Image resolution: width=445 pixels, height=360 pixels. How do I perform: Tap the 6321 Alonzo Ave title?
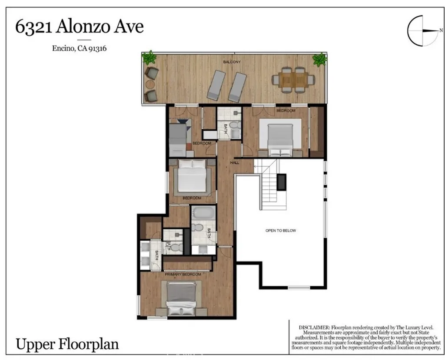coord(80,27)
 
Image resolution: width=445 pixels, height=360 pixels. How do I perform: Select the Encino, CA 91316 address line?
coord(80,48)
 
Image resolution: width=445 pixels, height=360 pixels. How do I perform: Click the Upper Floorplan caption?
coord(67,344)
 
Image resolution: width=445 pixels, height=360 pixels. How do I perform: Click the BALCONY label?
coord(232,62)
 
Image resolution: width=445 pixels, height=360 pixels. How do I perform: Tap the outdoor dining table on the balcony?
coord(293,79)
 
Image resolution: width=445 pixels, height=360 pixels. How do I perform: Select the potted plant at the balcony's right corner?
coord(319,59)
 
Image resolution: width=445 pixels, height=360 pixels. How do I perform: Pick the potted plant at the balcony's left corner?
coord(149,57)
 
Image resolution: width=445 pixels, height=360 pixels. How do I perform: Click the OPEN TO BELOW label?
coord(280,231)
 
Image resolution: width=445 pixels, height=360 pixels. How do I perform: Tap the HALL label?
coord(235,162)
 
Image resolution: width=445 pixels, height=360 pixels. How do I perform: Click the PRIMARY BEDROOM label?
coord(183,274)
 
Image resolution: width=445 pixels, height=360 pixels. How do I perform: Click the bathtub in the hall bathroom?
coord(203,213)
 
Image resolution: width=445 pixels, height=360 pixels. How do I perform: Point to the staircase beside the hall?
coord(269,185)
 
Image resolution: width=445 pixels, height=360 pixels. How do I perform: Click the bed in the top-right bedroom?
coord(280,138)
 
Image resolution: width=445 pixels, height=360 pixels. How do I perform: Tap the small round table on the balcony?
coord(150,84)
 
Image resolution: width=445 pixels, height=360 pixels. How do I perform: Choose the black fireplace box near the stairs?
coord(282,182)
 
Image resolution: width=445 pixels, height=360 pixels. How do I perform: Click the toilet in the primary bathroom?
coord(176,248)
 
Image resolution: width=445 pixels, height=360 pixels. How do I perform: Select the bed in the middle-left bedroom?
coord(192,175)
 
